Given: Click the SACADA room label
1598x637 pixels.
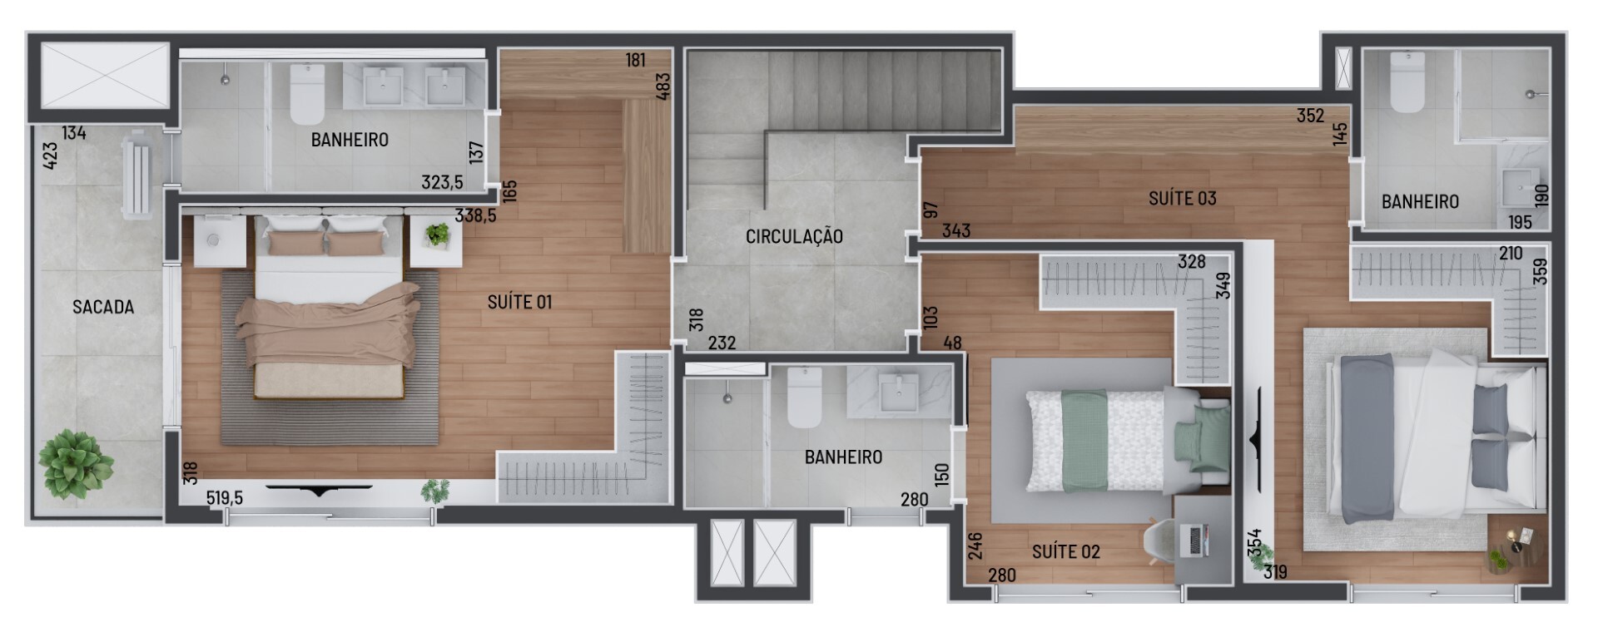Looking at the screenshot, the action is [x=103, y=307].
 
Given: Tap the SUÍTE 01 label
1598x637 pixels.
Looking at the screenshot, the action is [x=520, y=302].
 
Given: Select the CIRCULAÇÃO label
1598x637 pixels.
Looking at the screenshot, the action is [x=794, y=236].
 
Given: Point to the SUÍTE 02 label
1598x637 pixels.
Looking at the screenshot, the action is [x=1066, y=551].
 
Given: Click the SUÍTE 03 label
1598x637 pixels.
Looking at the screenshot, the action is [x=1183, y=198].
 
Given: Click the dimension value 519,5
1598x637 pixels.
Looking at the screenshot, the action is [x=225, y=498].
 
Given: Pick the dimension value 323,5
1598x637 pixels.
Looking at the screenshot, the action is [x=442, y=181].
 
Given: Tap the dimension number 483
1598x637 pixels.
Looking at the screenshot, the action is [x=663, y=86].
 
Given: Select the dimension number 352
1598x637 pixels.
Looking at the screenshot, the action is [x=1310, y=116].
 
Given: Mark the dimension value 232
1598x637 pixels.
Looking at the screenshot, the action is [x=722, y=343].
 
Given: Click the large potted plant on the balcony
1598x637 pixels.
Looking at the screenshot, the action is [x=76, y=464].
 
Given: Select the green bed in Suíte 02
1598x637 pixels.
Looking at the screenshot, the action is [x=1128, y=441].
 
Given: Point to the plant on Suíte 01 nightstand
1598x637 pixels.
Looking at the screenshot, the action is [x=437, y=235].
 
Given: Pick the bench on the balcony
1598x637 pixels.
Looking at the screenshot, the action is [x=136, y=176].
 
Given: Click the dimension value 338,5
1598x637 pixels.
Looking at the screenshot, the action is [x=475, y=215].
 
